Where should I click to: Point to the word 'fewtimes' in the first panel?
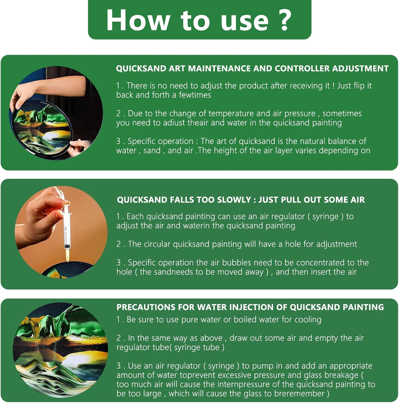tap(195, 95)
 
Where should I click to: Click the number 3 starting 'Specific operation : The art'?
tap(118, 141)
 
